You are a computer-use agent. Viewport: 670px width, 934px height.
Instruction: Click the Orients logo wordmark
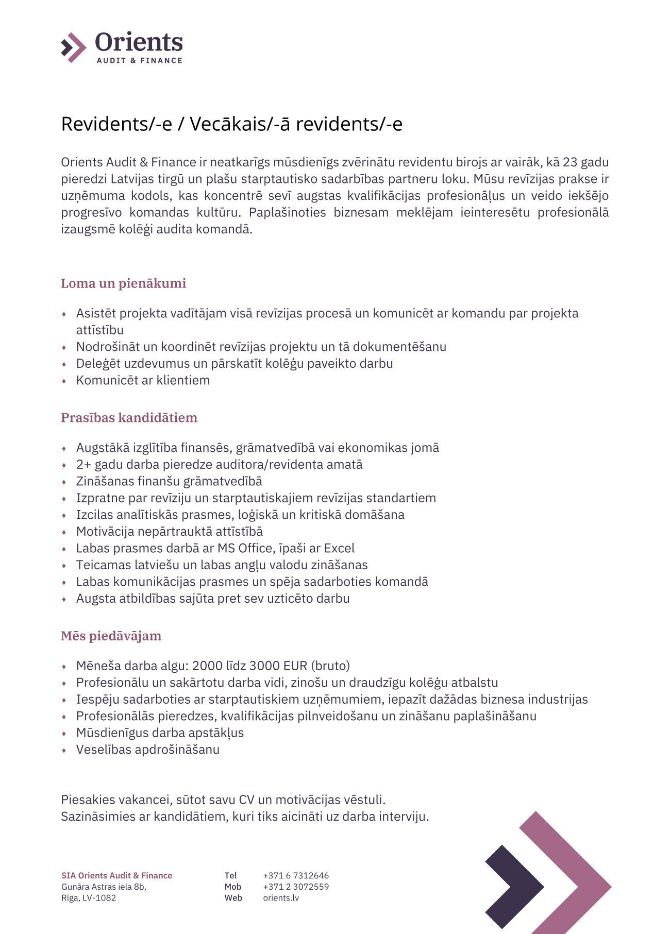click(139, 42)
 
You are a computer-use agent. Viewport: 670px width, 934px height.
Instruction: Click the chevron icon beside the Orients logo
click(73, 47)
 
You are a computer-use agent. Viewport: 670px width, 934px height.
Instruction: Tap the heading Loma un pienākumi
click(123, 283)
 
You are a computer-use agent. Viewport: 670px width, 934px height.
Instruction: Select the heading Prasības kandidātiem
click(129, 417)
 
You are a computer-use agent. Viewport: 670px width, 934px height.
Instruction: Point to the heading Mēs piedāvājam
click(111, 636)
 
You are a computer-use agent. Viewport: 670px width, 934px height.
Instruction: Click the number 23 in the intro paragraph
click(569, 162)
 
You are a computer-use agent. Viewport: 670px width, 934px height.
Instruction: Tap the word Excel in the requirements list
click(339, 548)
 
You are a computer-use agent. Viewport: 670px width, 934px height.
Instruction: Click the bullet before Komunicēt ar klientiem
click(64, 381)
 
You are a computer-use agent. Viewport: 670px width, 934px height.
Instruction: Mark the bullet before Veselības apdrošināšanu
click(64, 751)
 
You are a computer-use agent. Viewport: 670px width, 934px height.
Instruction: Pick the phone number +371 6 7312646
click(296, 875)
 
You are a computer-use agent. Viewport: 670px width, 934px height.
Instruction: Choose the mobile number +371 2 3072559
click(296, 887)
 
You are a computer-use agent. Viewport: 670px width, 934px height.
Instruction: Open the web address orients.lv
click(281, 898)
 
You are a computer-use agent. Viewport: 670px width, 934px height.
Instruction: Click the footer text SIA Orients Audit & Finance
click(116, 875)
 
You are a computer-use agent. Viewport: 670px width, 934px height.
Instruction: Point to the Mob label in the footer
click(233, 887)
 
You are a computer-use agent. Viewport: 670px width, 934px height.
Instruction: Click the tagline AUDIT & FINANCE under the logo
click(139, 61)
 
